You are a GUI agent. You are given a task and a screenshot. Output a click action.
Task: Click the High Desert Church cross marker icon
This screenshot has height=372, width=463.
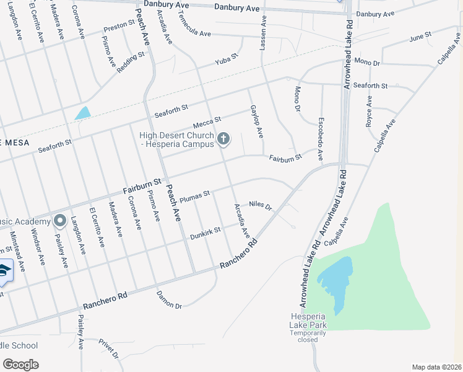pyautogui.click(x=224, y=139)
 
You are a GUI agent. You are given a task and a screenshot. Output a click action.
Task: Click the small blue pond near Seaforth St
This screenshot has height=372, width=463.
pyautogui.click(x=82, y=113)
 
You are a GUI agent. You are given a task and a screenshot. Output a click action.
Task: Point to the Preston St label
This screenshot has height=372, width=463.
pyautogui.click(x=119, y=27)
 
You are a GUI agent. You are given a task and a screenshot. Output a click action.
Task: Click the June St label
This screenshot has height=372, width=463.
pyautogui.click(x=420, y=38)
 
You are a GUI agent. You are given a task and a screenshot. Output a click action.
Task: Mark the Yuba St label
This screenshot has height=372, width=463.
pyautogui.click(x=226, y=60)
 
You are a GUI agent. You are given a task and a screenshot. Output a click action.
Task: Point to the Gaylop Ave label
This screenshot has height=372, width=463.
pyautogui.click(x=257, y=121)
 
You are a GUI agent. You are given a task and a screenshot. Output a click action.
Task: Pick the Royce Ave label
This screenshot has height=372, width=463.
pyautogui.click(x=369, y=112)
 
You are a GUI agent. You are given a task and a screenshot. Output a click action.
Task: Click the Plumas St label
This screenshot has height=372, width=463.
pyautogui.click(x=196, y=197)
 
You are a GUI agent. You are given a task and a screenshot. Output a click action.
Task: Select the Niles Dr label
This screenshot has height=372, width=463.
pyautogui.click(x=261, y=205)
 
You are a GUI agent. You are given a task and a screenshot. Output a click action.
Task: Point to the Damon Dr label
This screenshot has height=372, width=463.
pyautogui.click(x=169, y=300)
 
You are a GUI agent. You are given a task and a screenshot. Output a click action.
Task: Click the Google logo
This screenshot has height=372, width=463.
pyautogui.click(x=20, y=364)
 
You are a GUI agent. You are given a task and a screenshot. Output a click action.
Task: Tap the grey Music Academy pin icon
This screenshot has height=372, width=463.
pyautogui.click(x=60, y=220)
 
